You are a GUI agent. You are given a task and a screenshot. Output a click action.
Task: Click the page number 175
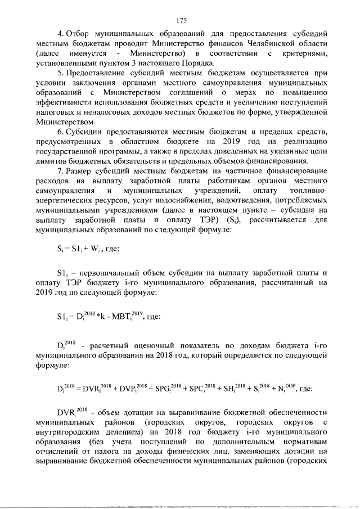pos(181,21)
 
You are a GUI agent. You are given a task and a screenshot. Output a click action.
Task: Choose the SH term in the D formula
pos(229,388)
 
